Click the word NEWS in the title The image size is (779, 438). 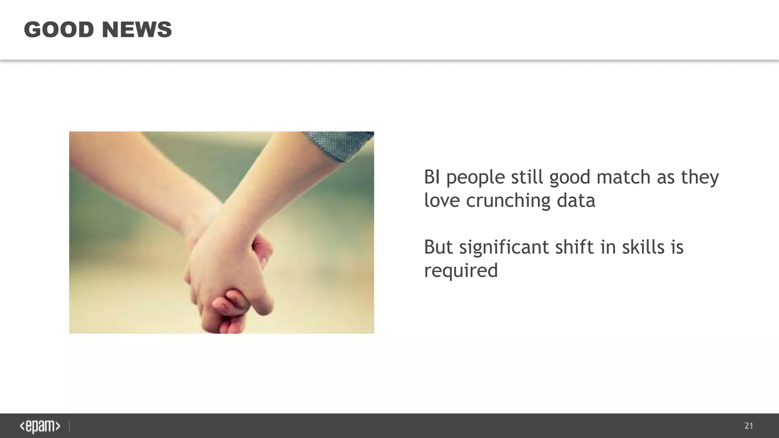pos(137,30)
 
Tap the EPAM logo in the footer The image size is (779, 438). pos(40,426)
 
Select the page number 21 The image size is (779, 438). pos(749,426)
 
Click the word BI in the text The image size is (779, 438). pos(432,177)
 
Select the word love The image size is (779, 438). pos(442,200)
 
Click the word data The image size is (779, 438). pos(576,200)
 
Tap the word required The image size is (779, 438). pos(461,271)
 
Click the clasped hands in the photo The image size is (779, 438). pos(228,278)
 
